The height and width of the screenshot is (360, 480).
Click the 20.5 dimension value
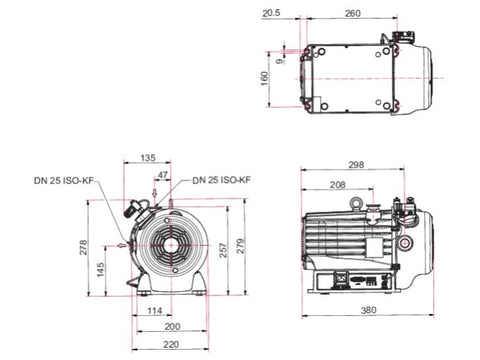coord(271,13)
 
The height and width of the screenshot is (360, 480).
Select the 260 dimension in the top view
coord(352,13)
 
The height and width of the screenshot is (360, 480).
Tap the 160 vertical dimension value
coord(264,79)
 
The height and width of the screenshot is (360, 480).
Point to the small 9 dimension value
coord(281,61)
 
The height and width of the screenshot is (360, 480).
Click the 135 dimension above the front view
coord(148,158)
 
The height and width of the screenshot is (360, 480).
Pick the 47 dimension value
coord(162,175)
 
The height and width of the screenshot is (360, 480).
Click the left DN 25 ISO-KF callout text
coord(64,180)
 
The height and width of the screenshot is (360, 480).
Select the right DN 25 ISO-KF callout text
coord(221,180)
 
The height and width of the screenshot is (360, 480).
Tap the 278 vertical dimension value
coord(83,247)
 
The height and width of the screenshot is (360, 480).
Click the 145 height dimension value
coord(100,269)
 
